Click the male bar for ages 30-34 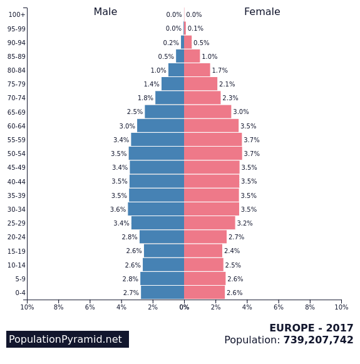(156, 209)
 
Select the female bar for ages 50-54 (213, 153)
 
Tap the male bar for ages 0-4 (163, 293)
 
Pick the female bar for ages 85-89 (192, 56)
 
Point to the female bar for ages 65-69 (208, 112)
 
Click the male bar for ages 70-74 (170, 98)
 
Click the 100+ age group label (17, 14)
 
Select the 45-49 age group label (16, 167)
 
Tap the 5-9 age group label (20, 279)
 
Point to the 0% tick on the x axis (184, 307)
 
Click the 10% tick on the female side (341, 307)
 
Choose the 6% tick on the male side (90, 307)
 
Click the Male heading (105, 12)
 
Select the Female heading (262, 12)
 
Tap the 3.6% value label (118, 209)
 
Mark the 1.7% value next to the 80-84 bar (220, 70)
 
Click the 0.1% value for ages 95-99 (195, 28)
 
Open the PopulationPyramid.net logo (68, 339)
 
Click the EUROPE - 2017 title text (311, 328)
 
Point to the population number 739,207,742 (318, 340)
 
